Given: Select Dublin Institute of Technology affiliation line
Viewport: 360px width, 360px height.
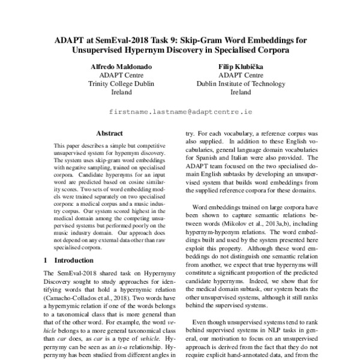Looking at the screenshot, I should (x=240, y=84).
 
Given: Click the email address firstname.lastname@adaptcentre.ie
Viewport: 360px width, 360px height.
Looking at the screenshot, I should (x=180, y=112).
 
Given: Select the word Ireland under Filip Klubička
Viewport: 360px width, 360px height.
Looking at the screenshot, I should (x=240, y=93).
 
